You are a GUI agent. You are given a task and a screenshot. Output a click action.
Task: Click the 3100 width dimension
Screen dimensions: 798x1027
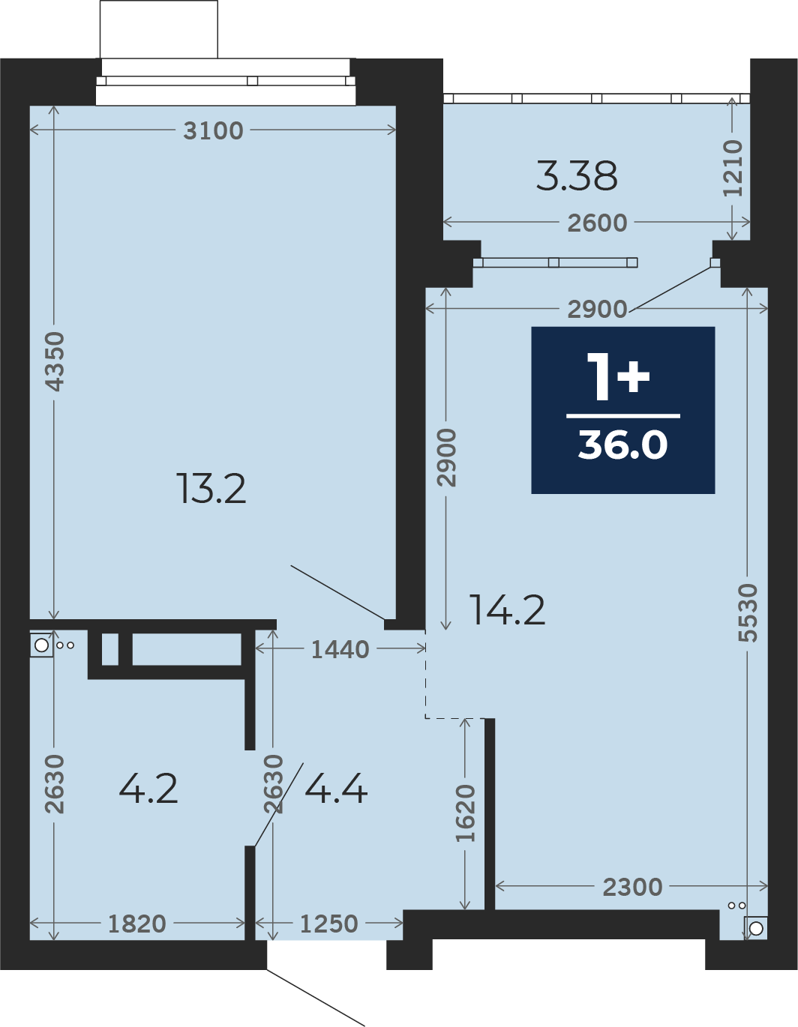point(213,130)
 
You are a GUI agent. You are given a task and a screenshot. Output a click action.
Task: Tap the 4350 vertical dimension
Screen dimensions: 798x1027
point(54,361)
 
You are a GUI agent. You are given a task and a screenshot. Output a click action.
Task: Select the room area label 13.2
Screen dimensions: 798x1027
point(211,489)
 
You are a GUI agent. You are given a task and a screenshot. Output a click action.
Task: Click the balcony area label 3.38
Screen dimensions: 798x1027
point(577,176)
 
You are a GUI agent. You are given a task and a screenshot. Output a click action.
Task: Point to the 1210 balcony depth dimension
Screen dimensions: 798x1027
point(733,168)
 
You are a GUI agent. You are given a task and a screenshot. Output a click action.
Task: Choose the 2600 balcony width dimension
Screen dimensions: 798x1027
point(597,223)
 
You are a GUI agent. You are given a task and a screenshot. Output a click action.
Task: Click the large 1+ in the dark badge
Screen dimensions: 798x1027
point(618,376)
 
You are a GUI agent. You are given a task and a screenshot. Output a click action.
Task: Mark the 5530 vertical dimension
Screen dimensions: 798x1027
point(748,613)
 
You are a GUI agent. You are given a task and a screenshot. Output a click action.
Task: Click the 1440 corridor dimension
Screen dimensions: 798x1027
point(340,650)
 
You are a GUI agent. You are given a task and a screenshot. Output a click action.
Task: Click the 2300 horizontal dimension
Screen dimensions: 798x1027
point(632,888)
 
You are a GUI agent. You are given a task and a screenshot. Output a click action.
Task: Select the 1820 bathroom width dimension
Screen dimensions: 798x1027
point(137,924)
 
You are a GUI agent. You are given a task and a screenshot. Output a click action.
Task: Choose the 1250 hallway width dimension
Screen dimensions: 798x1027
point(329,924)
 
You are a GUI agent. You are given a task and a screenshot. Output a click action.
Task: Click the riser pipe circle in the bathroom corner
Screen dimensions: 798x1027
point(41,645)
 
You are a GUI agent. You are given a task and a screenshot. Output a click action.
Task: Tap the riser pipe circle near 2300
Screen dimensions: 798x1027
point(756,928)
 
